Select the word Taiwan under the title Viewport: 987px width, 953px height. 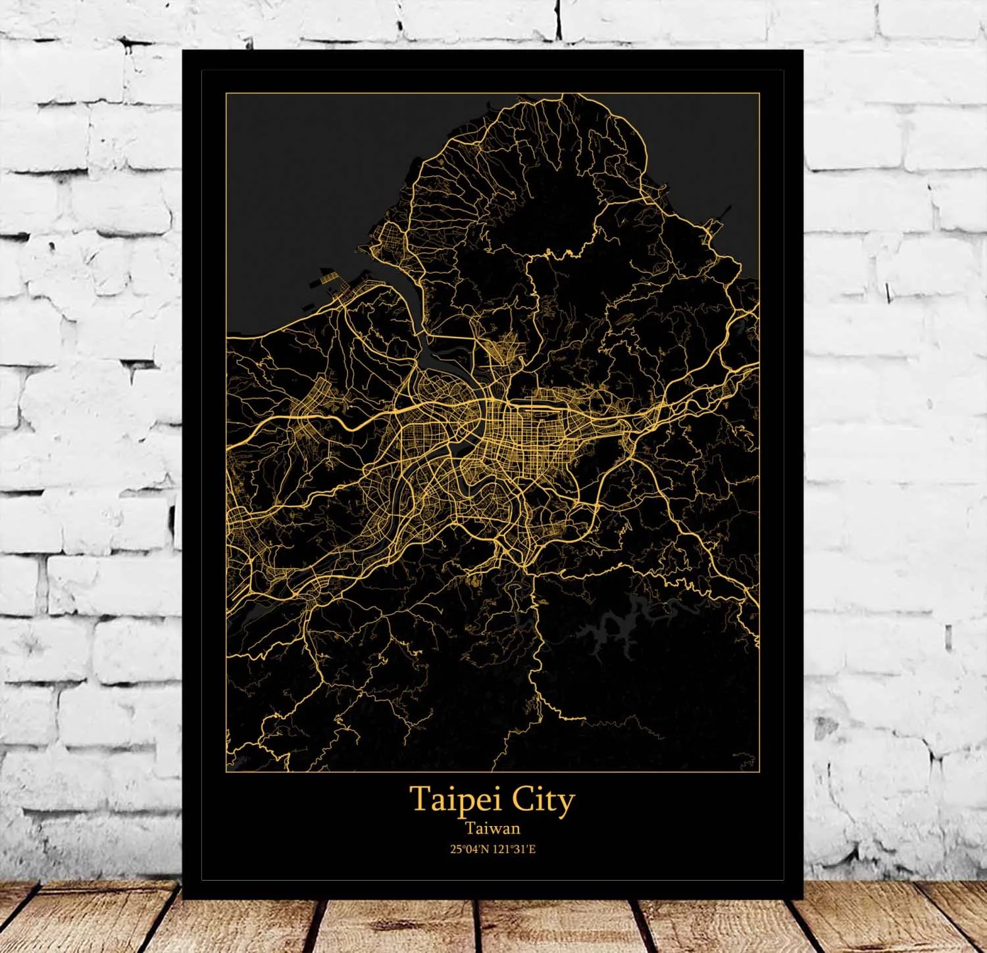click(x=493, y=828)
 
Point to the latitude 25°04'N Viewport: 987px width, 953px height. click(x=470, y=849)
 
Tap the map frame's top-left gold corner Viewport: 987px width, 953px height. click(x=226, y=94)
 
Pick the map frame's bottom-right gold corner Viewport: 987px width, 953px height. click(x=759, y=771)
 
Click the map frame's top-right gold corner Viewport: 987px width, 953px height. click(x=759, y=94)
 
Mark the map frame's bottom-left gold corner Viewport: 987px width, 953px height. click(x=226, y=771)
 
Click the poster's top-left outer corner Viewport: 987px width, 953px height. click(x=183, y=50)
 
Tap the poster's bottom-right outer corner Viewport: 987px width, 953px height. click(x=803, y=898)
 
